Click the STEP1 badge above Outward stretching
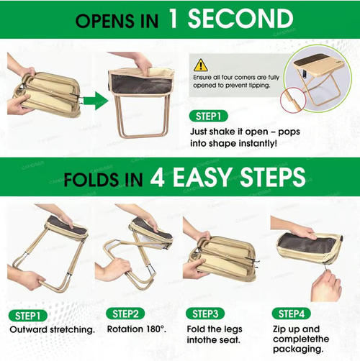click(x=27, y=314)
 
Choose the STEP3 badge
click(x=206, y=314)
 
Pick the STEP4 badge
click(x=295, y=314)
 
